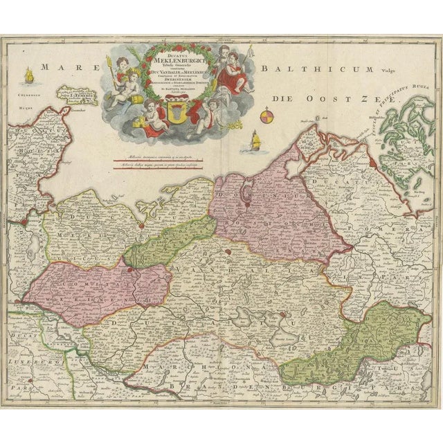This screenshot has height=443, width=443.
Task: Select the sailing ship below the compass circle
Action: pyautogui.click(x=255, y=143)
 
